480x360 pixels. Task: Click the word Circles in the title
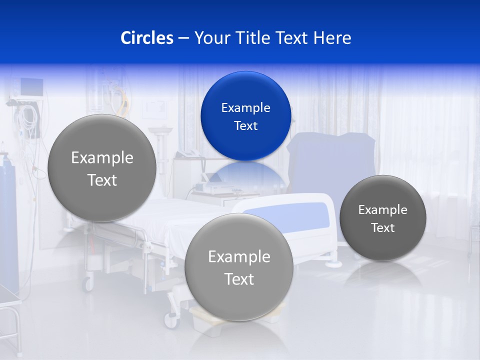point(146,38)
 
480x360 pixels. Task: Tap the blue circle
point(245,116)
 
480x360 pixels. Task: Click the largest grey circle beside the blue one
point(102,168)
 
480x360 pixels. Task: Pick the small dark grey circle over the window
point(382,218)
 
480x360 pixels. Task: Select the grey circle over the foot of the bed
point(239,267)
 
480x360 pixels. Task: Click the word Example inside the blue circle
point(245,107)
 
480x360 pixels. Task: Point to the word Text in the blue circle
point(245,125)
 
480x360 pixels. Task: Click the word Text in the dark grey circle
point(382,228)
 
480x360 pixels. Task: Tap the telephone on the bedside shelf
point(187,152)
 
